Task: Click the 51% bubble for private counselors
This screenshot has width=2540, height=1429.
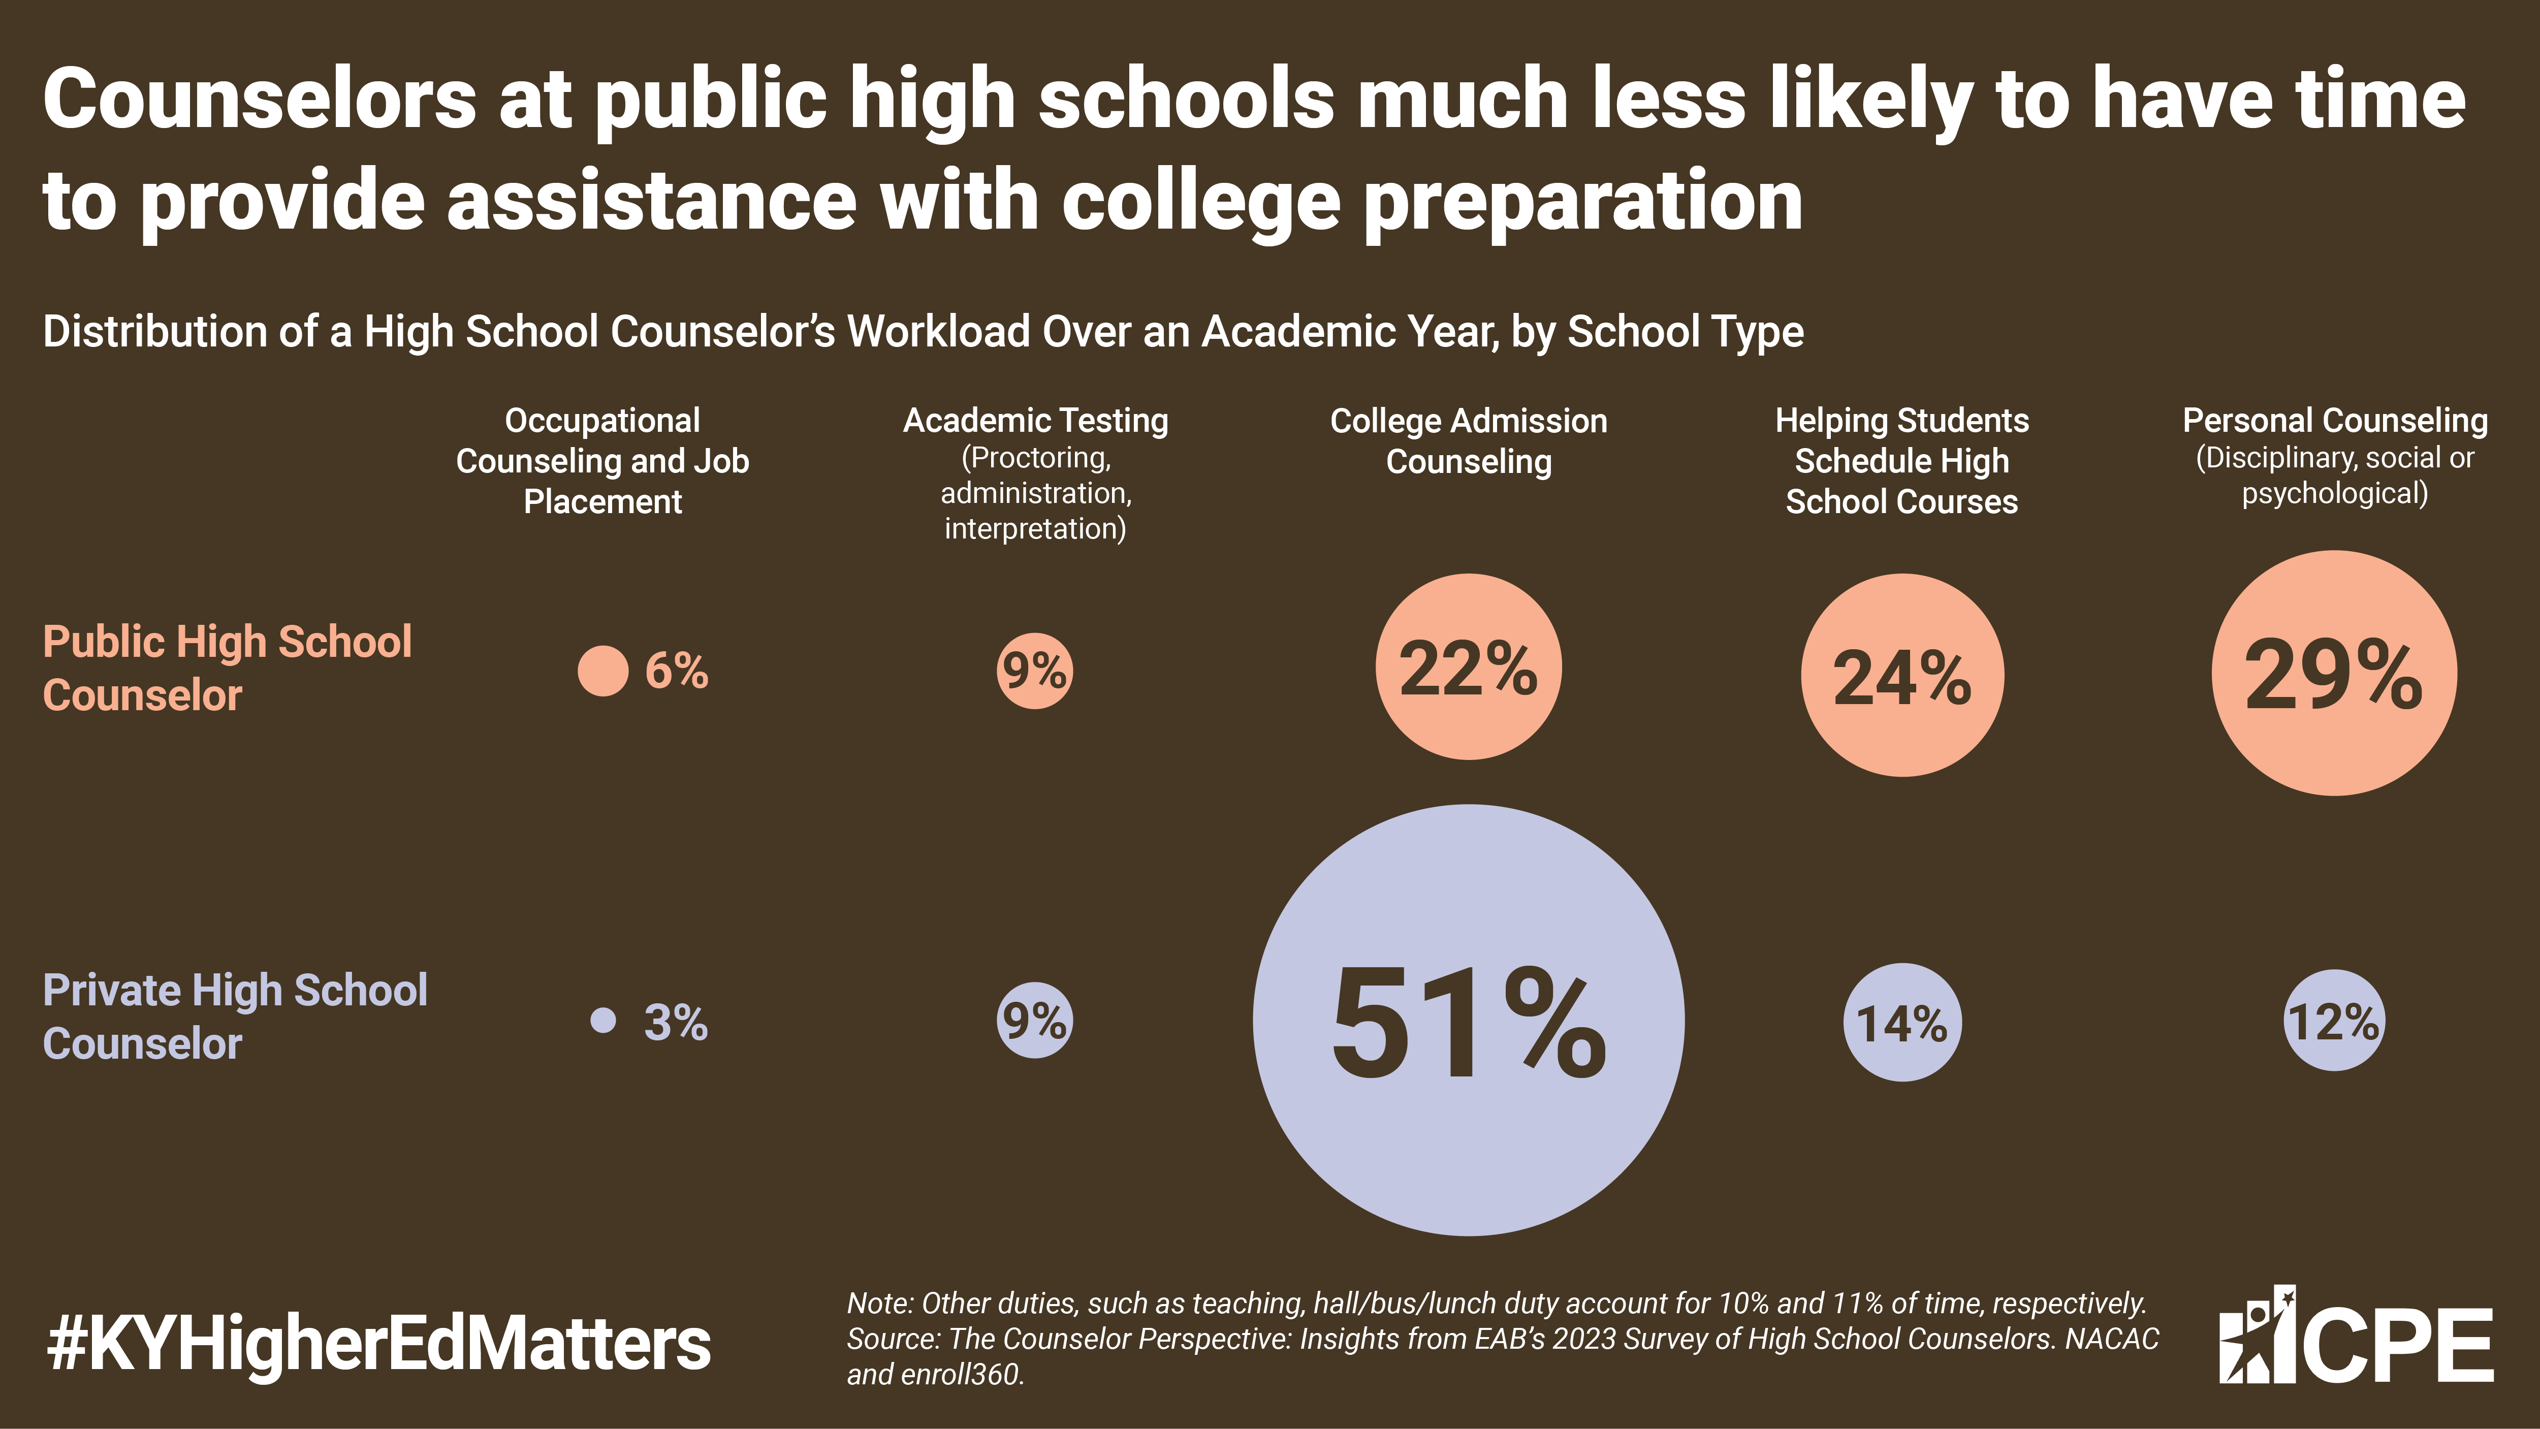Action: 1468,1020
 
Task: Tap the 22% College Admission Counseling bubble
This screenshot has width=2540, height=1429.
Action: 1468,666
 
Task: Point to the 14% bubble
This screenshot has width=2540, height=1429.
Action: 1902,1022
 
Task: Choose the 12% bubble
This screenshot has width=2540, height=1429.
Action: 2334,1021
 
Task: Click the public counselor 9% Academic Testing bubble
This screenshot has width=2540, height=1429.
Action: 1034,671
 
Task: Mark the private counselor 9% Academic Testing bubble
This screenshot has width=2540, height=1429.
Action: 1034,1020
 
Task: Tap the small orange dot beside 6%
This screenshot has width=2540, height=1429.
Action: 602,671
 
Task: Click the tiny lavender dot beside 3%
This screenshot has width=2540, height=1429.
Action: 602,1020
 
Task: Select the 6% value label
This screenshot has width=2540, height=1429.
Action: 677,671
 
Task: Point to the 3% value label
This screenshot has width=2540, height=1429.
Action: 677,1022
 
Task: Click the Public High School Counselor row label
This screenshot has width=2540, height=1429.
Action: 227,668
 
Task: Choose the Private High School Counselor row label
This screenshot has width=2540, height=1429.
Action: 235,1017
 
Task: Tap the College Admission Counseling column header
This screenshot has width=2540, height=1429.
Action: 1468,441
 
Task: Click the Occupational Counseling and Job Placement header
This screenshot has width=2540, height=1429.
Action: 602,461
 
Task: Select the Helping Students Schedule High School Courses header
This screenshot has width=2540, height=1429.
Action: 1902,461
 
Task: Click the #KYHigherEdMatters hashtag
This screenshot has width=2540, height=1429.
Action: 378,1344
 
